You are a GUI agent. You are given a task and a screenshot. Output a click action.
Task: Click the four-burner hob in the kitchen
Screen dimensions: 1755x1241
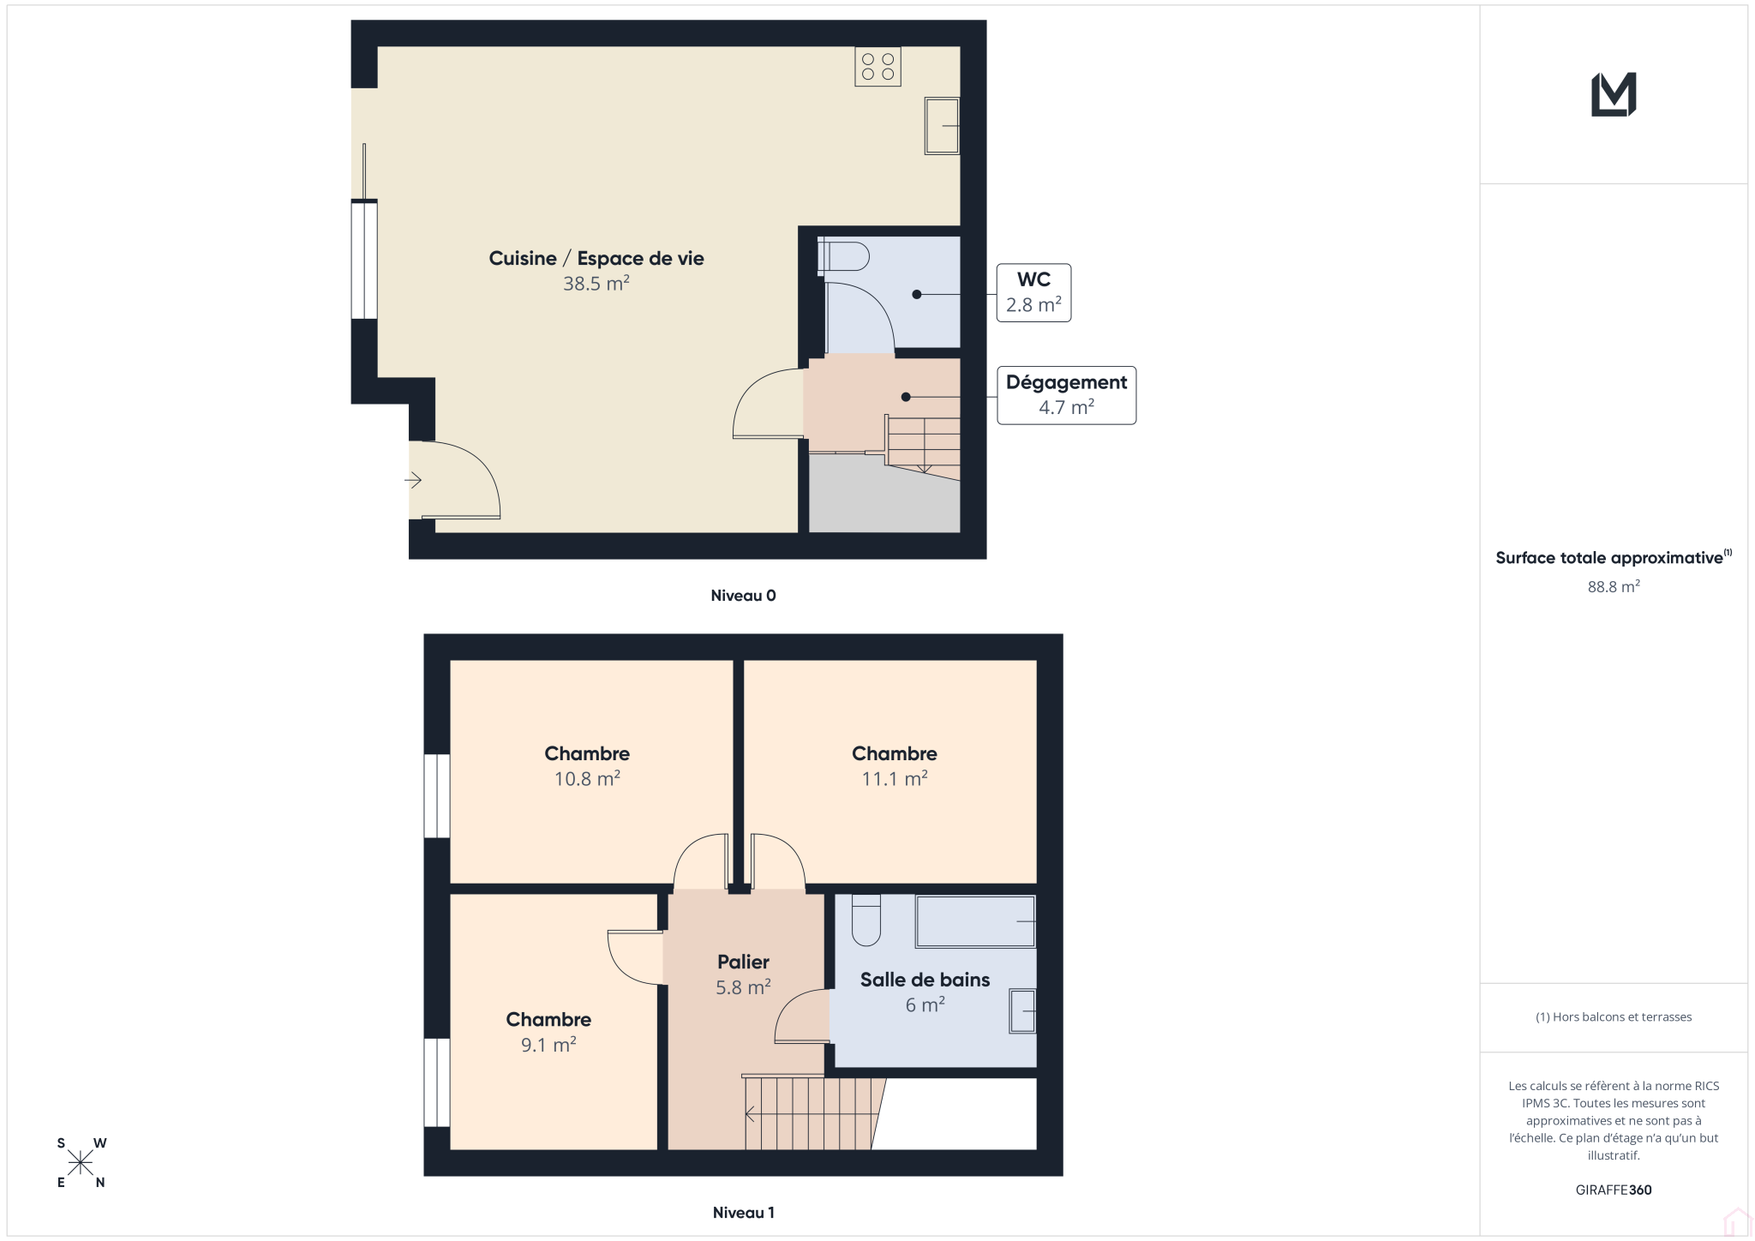877,67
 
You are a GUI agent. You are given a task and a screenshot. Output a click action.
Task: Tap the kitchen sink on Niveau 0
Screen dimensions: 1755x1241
941,126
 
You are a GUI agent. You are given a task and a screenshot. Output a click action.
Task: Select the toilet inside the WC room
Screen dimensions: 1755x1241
843,256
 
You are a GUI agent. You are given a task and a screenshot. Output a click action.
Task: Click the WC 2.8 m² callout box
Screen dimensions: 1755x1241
1033,292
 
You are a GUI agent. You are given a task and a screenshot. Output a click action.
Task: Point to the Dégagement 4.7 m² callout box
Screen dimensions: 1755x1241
1066,395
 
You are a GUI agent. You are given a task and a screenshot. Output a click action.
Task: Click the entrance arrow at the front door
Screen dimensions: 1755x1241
413,480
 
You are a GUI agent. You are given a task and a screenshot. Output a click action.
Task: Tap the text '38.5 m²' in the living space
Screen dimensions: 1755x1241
596,283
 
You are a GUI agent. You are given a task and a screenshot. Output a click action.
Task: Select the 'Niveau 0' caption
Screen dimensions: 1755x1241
743,596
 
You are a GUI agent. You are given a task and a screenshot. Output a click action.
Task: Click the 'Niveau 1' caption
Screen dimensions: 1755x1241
743,1213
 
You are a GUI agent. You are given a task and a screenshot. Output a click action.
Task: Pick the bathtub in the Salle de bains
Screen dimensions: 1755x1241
975,921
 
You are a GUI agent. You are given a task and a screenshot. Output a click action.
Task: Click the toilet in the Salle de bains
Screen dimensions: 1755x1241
866,920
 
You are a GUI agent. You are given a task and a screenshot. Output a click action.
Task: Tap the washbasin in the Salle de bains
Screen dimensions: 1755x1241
1022,1010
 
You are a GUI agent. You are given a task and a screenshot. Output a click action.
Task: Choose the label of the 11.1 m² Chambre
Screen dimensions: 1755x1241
894,753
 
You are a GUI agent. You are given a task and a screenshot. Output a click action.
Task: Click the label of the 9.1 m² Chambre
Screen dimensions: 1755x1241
548,1019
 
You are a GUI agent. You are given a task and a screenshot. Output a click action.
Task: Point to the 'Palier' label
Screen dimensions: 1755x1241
743,962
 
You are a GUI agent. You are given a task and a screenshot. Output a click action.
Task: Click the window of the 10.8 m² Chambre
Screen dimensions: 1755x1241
437,795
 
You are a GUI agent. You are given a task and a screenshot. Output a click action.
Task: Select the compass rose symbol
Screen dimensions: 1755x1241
81,1163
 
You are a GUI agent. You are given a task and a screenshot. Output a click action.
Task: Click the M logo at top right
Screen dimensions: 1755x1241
1614,94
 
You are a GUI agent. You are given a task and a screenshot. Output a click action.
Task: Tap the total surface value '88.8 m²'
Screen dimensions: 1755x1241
1614,586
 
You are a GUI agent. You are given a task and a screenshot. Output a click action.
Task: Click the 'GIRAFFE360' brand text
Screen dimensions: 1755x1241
1614,1190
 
